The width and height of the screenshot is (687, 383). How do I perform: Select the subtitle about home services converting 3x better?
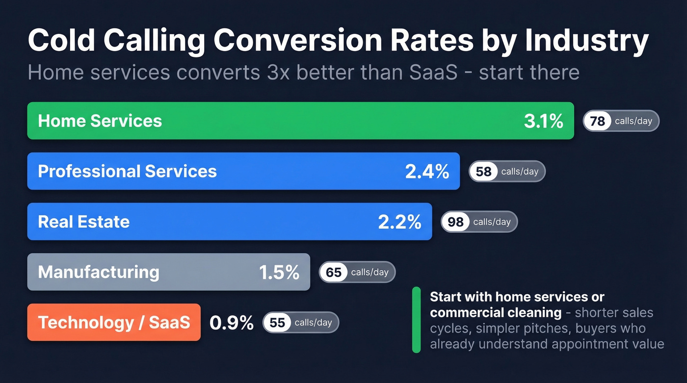click(x=303, y=73)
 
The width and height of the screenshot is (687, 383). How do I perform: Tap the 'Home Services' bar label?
click(x=100, y=121)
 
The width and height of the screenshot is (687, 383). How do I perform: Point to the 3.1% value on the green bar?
click(x=543, y=121)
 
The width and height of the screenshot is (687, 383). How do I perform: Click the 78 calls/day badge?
click(x=621, y=121)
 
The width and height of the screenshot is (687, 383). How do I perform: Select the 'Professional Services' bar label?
click(x=127, y=171)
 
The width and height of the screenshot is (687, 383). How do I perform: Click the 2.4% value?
click(x=427, y=171)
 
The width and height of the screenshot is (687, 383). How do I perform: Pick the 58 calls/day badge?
click(x=507, y=172)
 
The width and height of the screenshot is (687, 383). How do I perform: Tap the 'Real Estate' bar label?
click(x=83, y=222)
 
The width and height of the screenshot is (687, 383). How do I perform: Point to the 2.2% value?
click(x=399, y=222)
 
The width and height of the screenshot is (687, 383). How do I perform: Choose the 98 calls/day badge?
click(x=479, y=222)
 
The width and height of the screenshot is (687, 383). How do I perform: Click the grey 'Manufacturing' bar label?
click(x=98, y=272)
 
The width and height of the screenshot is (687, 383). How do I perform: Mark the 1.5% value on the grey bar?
click(x=279, y=272)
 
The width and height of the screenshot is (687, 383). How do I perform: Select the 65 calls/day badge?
click(x=357, y=272)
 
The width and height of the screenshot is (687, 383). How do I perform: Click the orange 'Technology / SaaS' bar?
click(x=114, y=322)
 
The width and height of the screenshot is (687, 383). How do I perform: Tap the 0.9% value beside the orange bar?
click(x=231, y=323)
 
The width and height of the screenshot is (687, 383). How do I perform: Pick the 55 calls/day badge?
click(x=301, y=323)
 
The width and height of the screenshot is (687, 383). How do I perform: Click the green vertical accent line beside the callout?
click(x=417, y=320)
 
